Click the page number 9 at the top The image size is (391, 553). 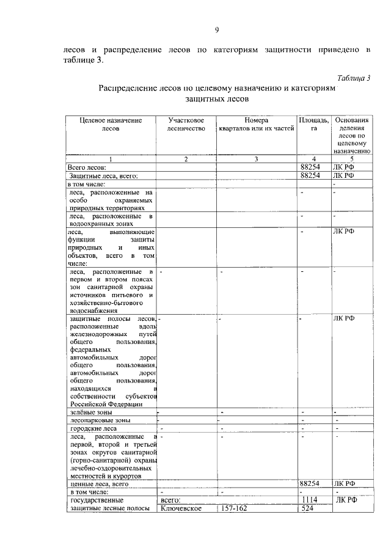tap(217, 31)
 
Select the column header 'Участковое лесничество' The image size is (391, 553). tap(187, 125)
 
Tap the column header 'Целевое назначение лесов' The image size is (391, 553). tap(111, 125)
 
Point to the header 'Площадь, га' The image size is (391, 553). tap(314, 125)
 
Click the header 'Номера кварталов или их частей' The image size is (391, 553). tap(257, 125)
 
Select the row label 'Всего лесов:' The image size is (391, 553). tap(87, 167)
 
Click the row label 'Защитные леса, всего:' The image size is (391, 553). tap(103, 175)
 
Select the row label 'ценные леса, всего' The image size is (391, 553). tap(98, 483)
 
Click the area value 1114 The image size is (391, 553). tap(310, 500)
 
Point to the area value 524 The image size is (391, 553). tap(307, 508)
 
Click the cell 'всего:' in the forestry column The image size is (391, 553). tap(170, 500)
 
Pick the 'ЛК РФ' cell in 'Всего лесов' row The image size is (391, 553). tap(345, 167)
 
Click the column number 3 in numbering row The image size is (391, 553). tap(257, 159)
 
